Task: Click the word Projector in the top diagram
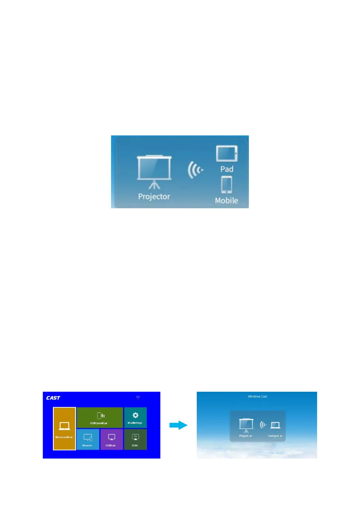tap(154, 196)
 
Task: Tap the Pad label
tap(227, 169)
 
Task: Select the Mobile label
tap(226, 200)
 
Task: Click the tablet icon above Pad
tap(227, 154)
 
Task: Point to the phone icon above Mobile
tap(227, 185)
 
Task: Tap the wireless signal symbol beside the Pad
tap(195, 170)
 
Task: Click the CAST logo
tap(53, 398)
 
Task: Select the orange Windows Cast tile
tap(64, 429)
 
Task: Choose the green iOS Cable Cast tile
tap(100, 417)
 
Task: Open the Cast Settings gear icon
tap(135, 415)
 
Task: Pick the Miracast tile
tap(88, 439)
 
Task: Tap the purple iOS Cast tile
tap(112, 439)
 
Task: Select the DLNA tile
tap(135, 439)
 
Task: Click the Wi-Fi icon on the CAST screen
tap(138, 398)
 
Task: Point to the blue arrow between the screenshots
tap(178, 425)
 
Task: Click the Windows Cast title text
tap(258, 396)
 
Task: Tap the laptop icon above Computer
tap(275, 425)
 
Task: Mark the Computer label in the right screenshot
tap(275, 436)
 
